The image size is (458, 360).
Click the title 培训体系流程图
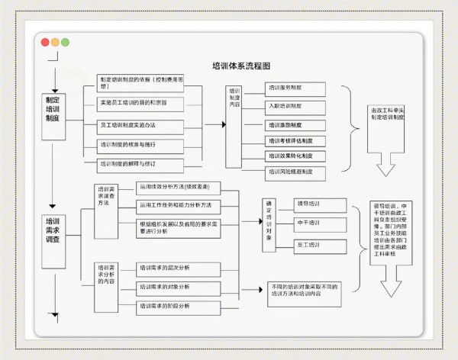point(241,66)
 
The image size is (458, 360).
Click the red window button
point(45,42)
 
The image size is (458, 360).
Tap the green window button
point(65,42)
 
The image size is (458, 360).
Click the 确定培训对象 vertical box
point(268,220)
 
